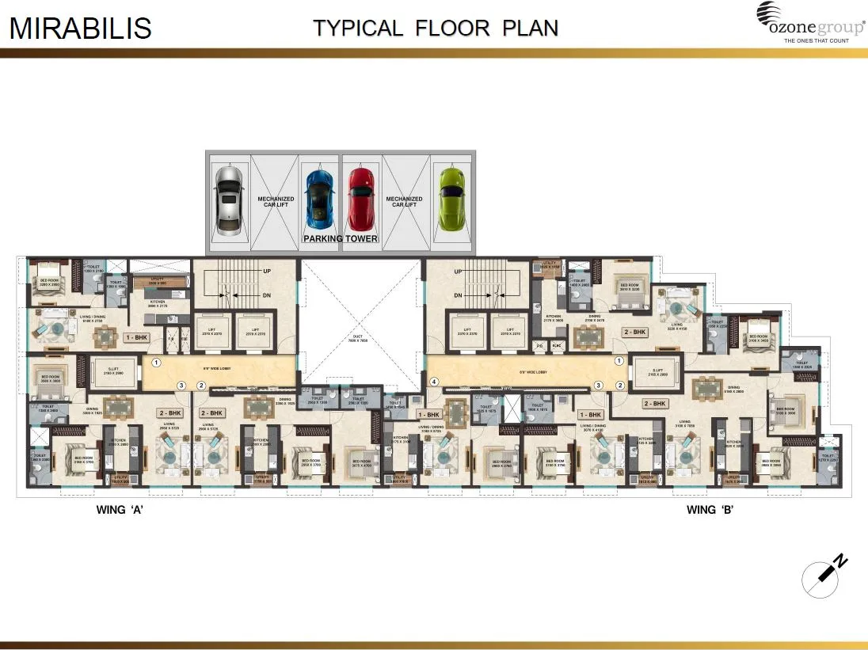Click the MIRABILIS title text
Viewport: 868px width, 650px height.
click(x=80, y=28)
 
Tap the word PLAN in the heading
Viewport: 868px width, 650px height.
click(x=531, y=28)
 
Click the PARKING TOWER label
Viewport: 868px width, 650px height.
click(x=341, y=238)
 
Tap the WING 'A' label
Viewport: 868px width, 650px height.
click(x=120, y=510)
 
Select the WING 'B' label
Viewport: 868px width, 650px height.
click(x=710, y=510)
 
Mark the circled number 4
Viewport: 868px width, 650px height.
click(x=433, y=382)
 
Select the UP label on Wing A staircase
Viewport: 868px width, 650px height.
click(x=267, y=272)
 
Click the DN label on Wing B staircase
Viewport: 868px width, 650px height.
click(x=458, y=295)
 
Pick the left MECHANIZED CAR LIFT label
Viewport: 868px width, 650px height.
click(x=276, y=202)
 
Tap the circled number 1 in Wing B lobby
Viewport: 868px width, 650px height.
click(x=619, y=362)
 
